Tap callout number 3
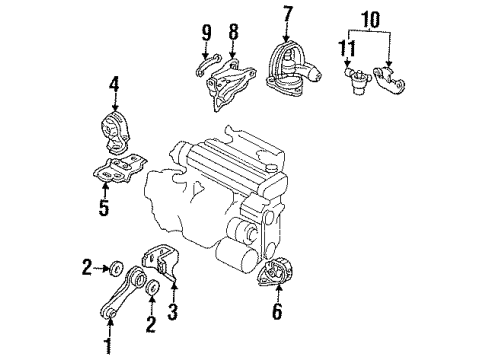172,311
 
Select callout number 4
113,84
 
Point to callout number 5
104,207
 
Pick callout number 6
277,311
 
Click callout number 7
287,14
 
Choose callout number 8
233,32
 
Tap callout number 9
206,32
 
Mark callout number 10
370,19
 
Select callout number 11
347,48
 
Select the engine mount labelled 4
115,133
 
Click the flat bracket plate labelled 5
119,169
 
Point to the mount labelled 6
275,272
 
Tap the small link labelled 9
208,64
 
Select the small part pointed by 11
356,79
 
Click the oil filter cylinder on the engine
237,257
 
